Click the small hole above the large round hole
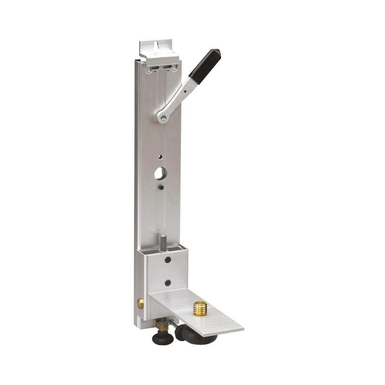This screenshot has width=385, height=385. click(161, 156)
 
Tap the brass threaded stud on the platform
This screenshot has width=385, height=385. click(199, 308)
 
